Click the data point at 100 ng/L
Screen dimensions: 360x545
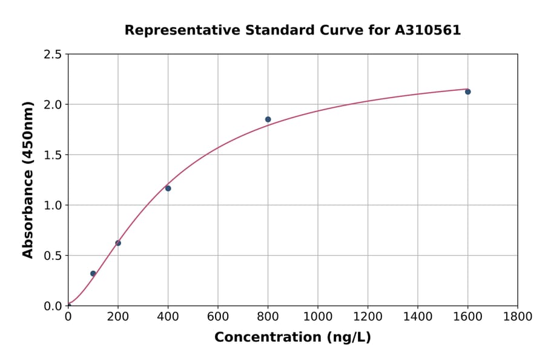(x=93, y=273)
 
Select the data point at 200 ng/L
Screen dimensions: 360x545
(x=118, y=243)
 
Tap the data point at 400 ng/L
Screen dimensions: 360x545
(x=168, y=188)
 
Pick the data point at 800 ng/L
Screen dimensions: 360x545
(x=268, y=119)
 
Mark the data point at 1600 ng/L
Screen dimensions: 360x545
(x=467, y=92)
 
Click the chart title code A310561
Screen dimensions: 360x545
(x=428, y=30)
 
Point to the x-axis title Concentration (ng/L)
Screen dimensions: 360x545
(x=292, y=337)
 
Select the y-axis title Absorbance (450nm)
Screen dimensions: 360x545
(x=28, y=179)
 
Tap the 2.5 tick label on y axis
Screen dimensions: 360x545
(x=53, y=55)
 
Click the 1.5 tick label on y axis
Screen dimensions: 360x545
(x=53, y=155)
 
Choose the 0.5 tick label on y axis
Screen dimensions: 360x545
(x=53, y=256)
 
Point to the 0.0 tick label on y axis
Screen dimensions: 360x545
(x=53, y=306)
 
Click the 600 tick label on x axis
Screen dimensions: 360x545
(x=218, y=316)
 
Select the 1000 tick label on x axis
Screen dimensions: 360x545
(x=318, y=316)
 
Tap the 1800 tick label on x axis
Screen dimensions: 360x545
(x=518, y=316)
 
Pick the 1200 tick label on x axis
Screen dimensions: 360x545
(x=368, y=316)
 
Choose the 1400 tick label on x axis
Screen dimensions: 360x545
(x=418, y=316)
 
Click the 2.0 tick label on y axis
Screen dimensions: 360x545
(x=53, y=105)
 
